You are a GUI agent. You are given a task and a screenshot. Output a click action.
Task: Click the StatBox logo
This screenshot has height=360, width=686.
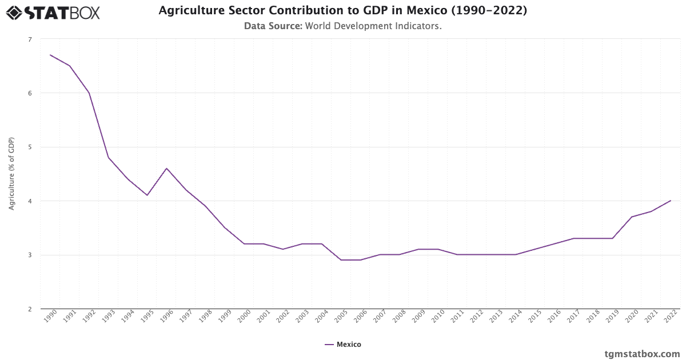click(53, 12)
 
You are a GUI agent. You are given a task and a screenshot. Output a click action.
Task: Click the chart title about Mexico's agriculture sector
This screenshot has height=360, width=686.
click(342, 11)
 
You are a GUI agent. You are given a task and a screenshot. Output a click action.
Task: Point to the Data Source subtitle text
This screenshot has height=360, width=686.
click(342, 26)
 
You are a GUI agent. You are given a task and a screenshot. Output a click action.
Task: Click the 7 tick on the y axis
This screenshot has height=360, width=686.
click(30, 39)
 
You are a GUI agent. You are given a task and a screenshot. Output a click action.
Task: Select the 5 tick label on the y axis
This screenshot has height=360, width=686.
click(30, 147)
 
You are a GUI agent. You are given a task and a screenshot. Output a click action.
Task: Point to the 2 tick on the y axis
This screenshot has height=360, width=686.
click(30, 309)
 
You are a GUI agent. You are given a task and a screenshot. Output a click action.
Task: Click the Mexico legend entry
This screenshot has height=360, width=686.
click(342, 345)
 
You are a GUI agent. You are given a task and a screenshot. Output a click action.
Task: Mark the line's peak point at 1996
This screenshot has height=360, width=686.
click(166, 168)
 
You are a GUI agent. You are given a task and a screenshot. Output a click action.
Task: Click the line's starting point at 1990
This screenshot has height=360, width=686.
click(50, 55)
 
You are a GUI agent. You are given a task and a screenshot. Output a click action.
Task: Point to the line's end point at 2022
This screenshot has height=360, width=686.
click(671, 201)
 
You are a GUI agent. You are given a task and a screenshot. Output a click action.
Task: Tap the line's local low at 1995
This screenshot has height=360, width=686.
click(147, 195)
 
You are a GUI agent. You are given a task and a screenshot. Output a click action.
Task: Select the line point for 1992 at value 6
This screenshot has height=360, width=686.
click(89, 93)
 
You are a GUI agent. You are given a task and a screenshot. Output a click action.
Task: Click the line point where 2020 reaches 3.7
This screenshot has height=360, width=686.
click(632, 217)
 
